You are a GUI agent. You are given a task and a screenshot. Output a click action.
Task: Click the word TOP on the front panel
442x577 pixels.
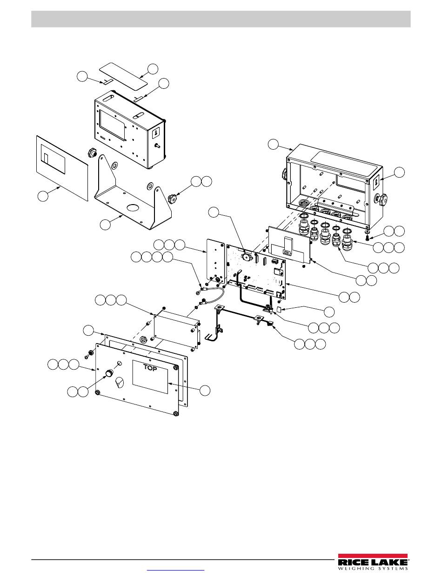pyautogui.click(x=150, y=367)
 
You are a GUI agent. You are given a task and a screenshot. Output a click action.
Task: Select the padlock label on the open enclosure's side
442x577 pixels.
pyautogui.click(x=377, y=183)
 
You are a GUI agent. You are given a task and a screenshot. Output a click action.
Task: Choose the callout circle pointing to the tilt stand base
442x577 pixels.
pyautogui.click(x=105, y=225)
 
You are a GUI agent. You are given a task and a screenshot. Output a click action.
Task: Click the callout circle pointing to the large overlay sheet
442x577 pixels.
pyautogui.click(x=43, y=196)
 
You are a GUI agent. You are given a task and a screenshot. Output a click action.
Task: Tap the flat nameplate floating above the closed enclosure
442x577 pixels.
pyautogui.click(x=123, y=74)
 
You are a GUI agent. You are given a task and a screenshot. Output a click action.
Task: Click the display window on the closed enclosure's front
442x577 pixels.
pyautogui.click(x=112, y=125)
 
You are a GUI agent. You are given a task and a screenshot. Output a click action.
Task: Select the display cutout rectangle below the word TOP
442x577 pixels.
pyautogui.click(x=150, y=377)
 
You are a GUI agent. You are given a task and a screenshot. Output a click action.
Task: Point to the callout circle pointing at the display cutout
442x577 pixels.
pyautogui.click(x=205, y=391)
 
